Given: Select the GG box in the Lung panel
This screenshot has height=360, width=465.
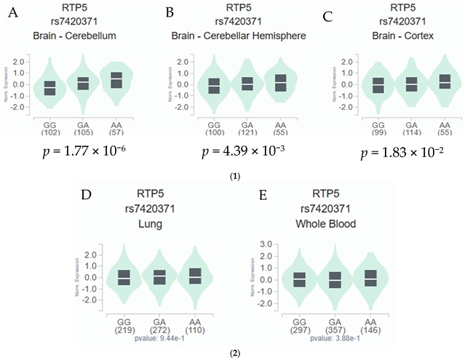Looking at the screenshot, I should pyautogui.click(x=124, y=277).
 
